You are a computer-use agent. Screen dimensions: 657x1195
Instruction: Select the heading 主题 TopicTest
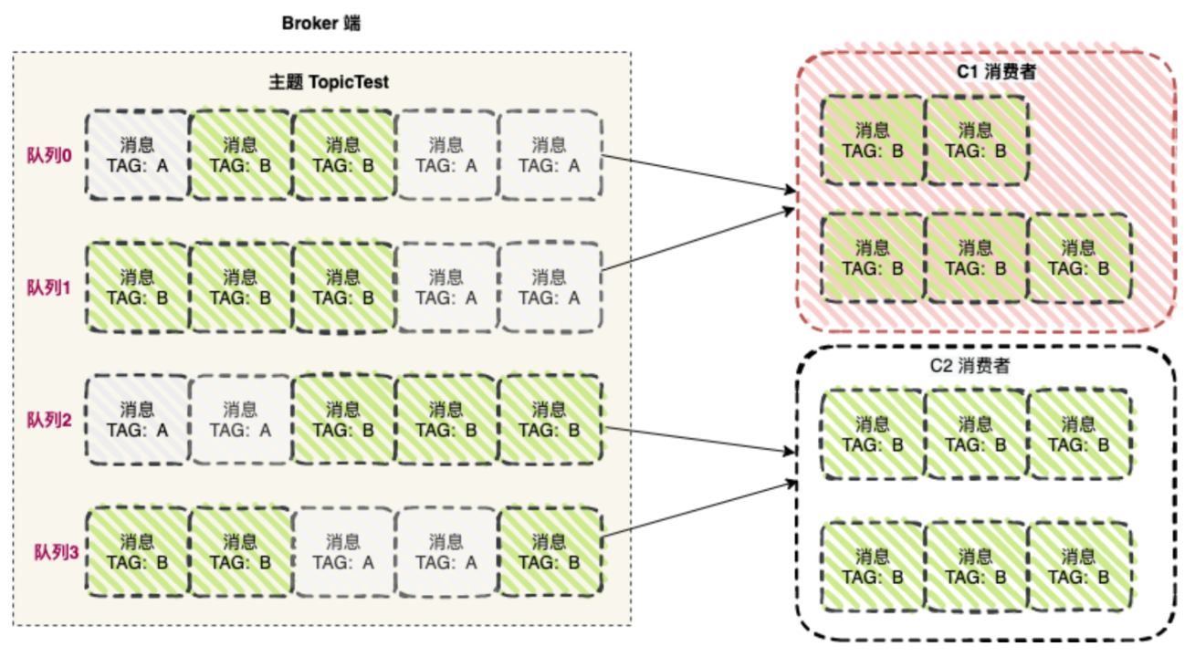(x=329, y=82)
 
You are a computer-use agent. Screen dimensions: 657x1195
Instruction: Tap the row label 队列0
(x=47, y=154)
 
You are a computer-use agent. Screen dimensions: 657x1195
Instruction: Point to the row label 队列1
(x=47, y=287)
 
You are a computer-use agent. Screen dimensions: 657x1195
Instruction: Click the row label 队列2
(x=47, y=420)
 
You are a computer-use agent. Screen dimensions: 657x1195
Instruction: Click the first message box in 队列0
(x=137, y=154)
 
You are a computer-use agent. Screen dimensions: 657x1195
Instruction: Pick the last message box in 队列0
(x=549, y=154)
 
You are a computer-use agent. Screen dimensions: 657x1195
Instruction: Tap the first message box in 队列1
(x=137, y=287)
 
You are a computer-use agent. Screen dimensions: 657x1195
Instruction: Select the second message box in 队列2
(x=240, y=420)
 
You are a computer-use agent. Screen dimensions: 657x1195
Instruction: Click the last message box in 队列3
(x=549, y=552)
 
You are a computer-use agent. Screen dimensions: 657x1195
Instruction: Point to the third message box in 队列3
(x=342, y=552)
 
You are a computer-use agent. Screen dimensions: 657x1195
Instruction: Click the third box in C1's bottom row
(x=1078, y=257)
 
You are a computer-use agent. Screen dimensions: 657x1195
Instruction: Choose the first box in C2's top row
(x=873, y=434)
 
